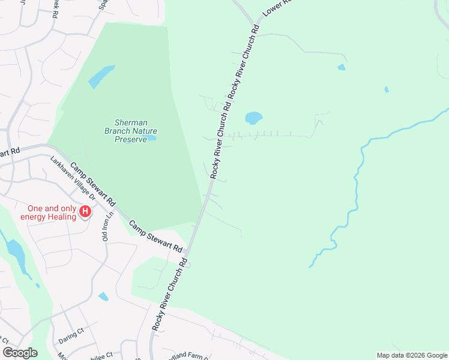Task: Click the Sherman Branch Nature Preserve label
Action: tap(130, 130)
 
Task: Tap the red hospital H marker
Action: tap(85, 211)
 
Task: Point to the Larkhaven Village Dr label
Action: tap(73, 178)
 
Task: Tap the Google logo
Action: tap(20, 353)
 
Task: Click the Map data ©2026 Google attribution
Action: tap(412, 355)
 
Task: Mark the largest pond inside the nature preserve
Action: tap(101, 76)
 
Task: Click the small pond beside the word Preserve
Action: tap(152, 138)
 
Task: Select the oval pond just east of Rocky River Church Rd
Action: tap(253, 118)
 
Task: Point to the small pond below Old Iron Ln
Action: tap(103, 296)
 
